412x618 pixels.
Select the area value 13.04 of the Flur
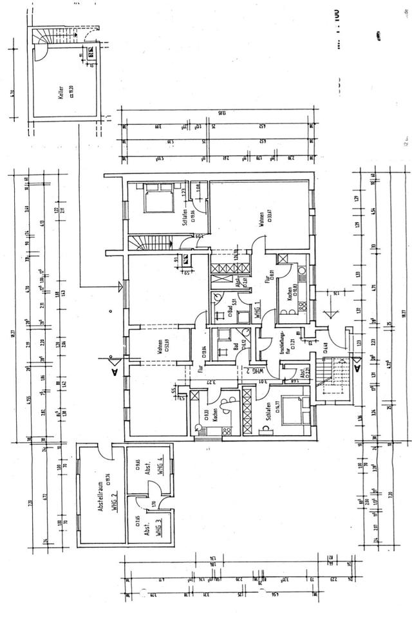click(x=204, y=350)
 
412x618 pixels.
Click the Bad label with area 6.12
click(x=236, y=346)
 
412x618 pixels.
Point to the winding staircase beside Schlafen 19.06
click(x=147, y=244)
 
